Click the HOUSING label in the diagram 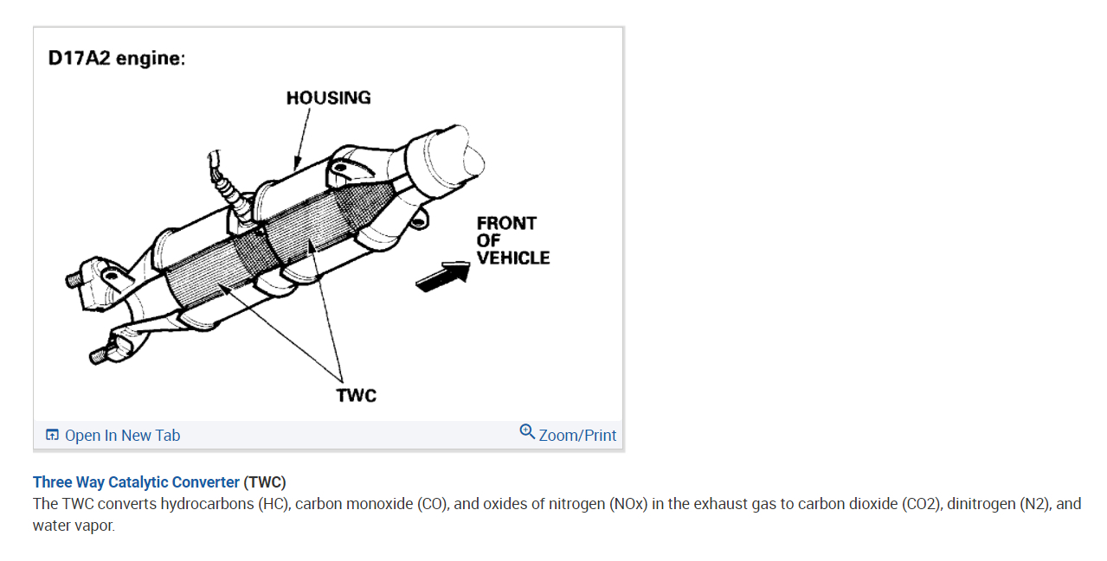point(328,98)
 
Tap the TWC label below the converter point(356,396)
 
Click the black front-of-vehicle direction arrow point(443,277)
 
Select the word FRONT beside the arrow point(506,223)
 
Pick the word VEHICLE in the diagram point(512,258)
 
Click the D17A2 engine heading point(117,59)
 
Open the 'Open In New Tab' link point(122,436)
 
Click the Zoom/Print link point(577,436)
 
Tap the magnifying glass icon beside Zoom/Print point(527,431)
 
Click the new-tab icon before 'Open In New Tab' point(53,436)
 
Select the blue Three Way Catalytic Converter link point(136,482)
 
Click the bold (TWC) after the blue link point(265,482)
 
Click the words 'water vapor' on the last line point(73,526)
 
